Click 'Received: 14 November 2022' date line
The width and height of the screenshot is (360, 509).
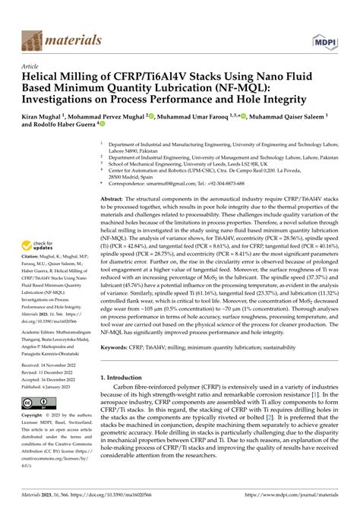pyautogui.click(x=53, y=365)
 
